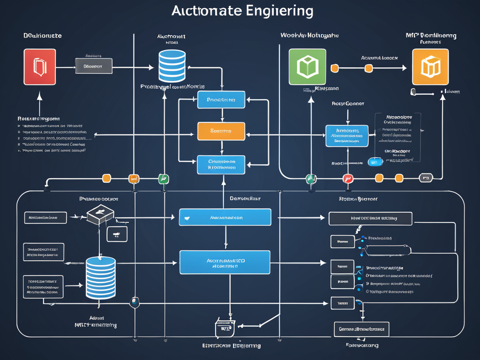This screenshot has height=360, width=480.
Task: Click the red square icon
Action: coord(40,67)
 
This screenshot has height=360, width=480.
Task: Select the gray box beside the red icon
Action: coord(93,66)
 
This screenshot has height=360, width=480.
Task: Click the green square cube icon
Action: coord(307,67)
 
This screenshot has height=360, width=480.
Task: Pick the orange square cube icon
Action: coord(430,67)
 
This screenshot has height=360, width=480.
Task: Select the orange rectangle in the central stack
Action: coord(221,131)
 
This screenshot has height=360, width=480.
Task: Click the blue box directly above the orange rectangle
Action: coord(221,100)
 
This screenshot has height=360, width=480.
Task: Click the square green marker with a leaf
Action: coord(164,179)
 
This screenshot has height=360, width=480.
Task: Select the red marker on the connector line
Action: coord(347,178)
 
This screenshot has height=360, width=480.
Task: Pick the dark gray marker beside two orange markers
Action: coord(426,178)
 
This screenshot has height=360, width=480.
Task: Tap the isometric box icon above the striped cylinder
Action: coord(100,214)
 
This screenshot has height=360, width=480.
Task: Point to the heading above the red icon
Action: coord(43,36)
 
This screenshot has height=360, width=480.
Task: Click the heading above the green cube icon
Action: coord(309,36)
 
